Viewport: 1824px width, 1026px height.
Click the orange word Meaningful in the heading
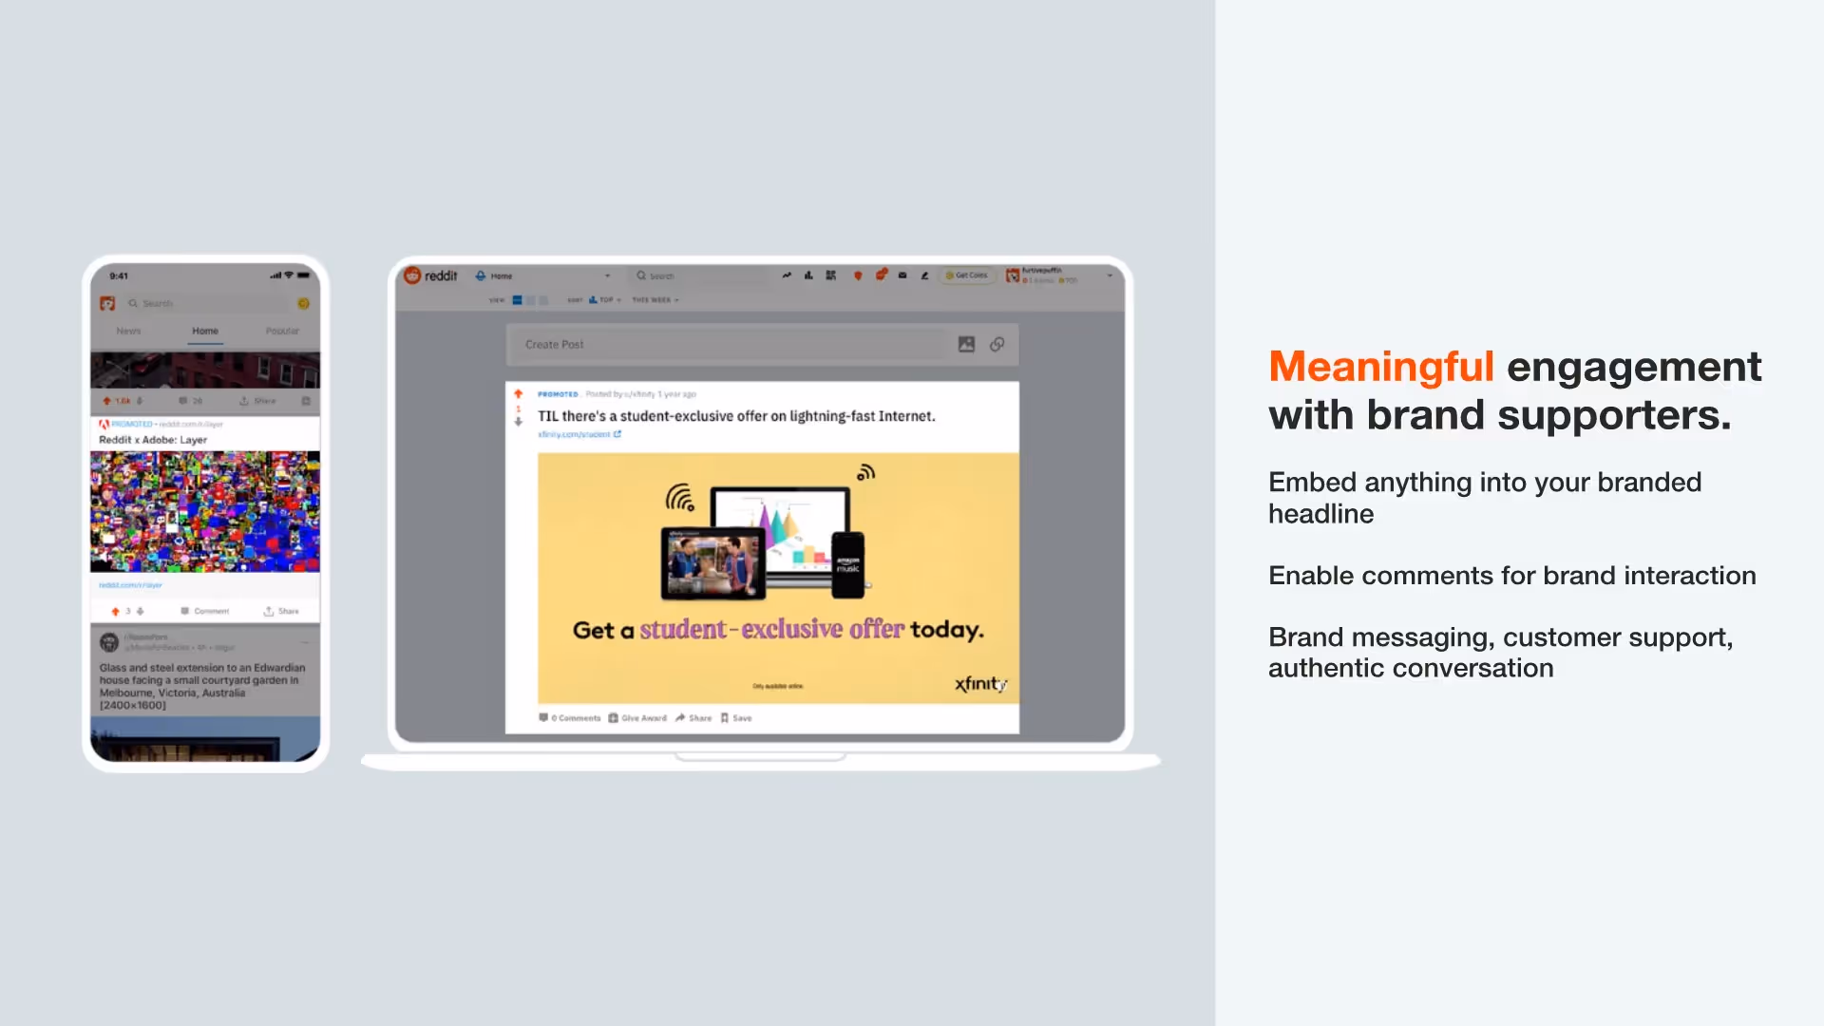pyautogui.click(x=1380, y=367)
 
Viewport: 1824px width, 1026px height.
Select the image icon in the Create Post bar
pyautogui.click(x=966, y=345)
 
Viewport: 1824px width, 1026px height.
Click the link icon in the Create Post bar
pyautogui.click(x=997, y=345)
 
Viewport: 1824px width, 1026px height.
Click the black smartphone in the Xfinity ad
pyautogui.click(x=847, y=564)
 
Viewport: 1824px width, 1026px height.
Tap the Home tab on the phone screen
pyautogui.click(x=205, y=331)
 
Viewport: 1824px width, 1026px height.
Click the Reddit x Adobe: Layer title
pyautogui.click(x=153, y=440)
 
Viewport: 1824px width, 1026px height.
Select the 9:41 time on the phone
pyautogui.click(x=119, y=276)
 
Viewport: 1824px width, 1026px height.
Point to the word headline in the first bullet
pyautogui.click(x=1320, y=514)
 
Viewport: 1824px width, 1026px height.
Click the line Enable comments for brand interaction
pyautogui.click(x=1511, y=576)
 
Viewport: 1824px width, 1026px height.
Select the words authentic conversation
pyautogui.click(x=1411, y=669)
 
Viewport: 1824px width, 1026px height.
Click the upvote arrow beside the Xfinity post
pyautogui.click(x=519, y=394)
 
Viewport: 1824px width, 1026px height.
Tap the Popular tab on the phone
pyautogui.click(x=282, y=331)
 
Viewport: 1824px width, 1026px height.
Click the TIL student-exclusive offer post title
pyautogui.click(x=736, y=416)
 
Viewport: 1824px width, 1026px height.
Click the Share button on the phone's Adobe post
pyautogui.click(x=282, y=611)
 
